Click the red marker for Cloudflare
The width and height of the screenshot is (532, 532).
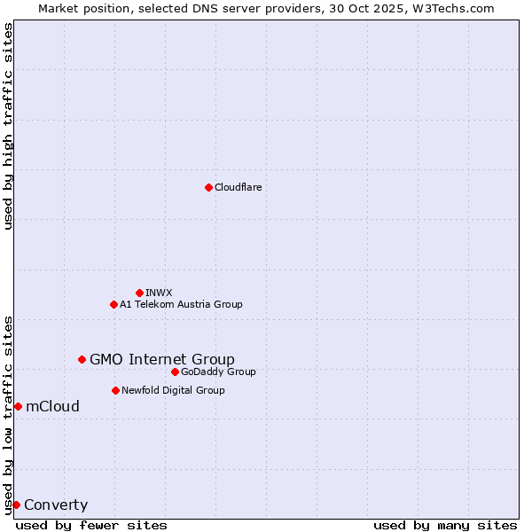[208, 187]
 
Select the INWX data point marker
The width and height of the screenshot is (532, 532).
[139, 293]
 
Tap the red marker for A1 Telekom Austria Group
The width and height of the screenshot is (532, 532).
[113, 304]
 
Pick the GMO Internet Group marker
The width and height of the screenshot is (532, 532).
[82, 359]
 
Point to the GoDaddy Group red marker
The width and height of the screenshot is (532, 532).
[175, 372]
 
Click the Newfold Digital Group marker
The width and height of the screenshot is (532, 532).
[115, 390]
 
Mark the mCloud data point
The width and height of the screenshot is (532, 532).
[18, 406]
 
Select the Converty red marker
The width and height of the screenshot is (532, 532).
[16, 505]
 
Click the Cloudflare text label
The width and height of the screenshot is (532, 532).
[238, 187]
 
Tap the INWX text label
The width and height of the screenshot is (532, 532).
[159, 293]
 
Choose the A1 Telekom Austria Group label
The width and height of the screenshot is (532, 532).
[181, 304]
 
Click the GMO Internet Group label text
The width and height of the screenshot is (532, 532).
[162, 359]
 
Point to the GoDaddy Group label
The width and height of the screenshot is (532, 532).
[218, 372]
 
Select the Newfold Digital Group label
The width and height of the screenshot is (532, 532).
[173, 390]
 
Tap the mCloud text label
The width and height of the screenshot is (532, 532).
[52, 406]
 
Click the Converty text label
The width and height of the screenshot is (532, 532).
[56, 505]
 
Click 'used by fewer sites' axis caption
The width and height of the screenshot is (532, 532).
[91, 525]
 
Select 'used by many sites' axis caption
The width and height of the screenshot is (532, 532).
[445, 525]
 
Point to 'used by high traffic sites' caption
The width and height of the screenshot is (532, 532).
[8, 126]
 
